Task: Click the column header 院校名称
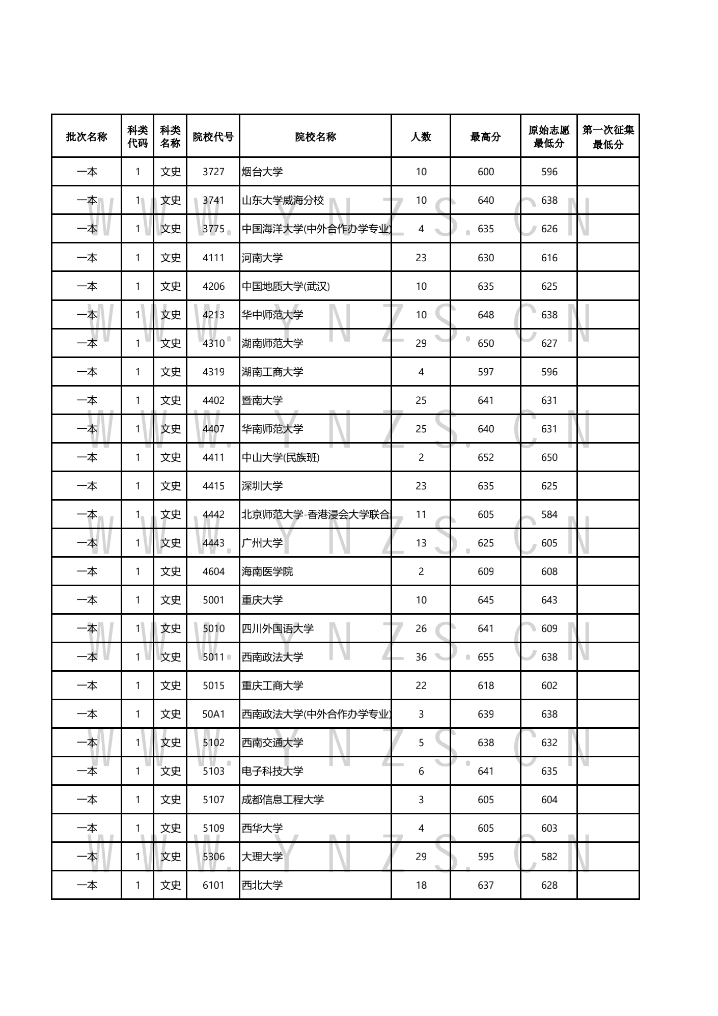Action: pos(315,136)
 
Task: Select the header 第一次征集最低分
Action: pos(608,136)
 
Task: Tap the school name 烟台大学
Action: pos(262,172)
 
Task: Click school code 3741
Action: pos(213,200)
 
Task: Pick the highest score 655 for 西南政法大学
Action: pos(485,657)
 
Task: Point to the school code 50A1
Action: pos(213,714)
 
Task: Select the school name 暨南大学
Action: pos(262,400)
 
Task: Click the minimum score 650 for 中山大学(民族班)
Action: pos(549,457)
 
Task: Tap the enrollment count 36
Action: pos(421,657)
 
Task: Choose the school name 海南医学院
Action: pos(267,571)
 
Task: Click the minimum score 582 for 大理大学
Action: pos(549,857)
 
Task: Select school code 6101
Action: pos(213,885)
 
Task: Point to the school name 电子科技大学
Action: pos(272,771)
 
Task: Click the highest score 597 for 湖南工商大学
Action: pos(485,372)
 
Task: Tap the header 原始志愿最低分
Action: pos(549,136)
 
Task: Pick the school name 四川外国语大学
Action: pos(278,628)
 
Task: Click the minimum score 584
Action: pos(549,514)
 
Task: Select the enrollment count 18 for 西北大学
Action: pos(421,885)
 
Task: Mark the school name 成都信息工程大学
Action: pos(283,800)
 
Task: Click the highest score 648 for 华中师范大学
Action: pos(485,315)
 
